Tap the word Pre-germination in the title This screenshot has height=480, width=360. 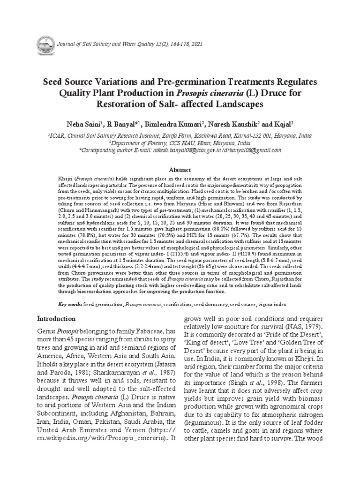tap(188, 81)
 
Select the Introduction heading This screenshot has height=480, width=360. tap(56, 318)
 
